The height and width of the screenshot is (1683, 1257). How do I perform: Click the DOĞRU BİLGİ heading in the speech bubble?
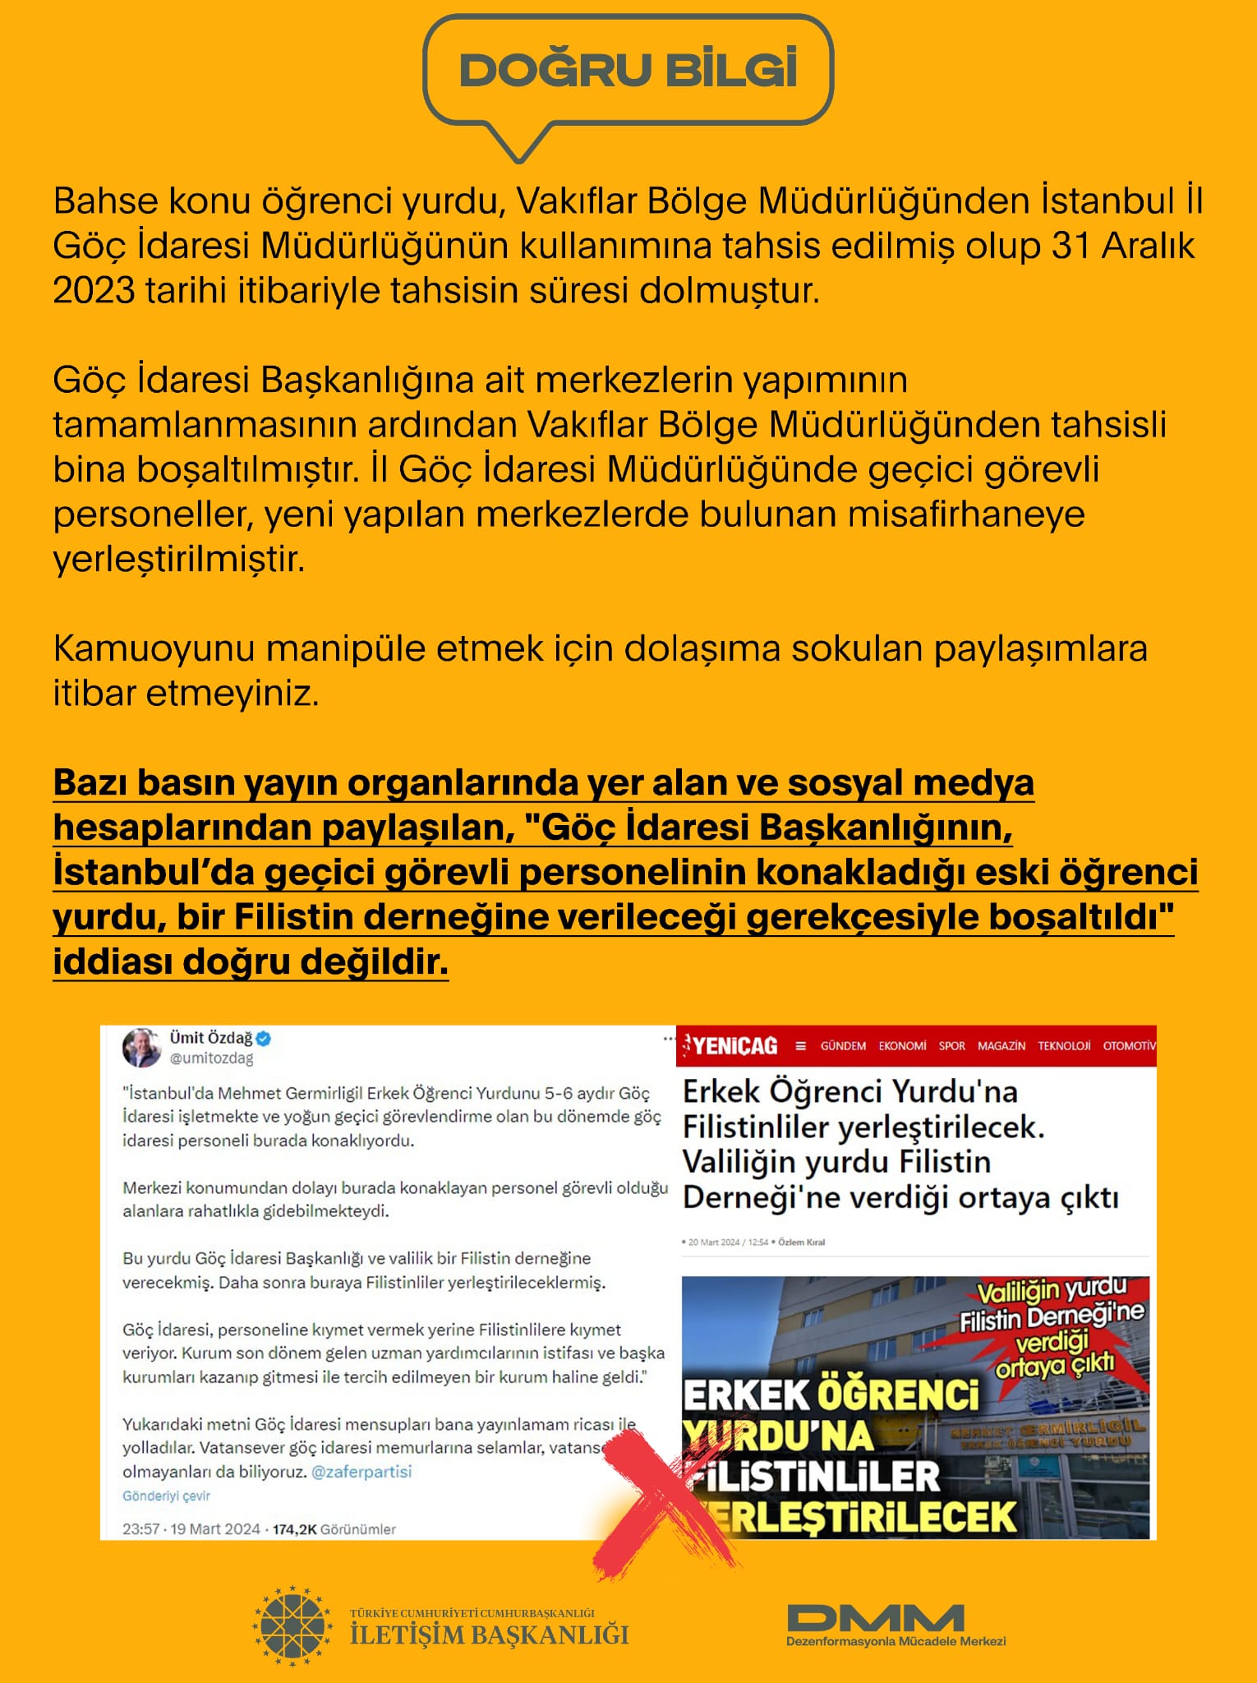(628, 70)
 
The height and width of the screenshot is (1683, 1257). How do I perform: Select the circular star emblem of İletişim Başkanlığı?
(292, 1626)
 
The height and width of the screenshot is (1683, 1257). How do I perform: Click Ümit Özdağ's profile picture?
(142, 1048)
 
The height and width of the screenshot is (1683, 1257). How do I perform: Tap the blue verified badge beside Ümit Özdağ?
(264, 1038)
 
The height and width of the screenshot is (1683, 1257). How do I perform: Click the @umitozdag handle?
(211, 1058)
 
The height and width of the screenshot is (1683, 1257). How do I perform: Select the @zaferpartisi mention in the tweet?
(361, 1471)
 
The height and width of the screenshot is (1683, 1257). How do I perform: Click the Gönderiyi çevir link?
(166, 1496)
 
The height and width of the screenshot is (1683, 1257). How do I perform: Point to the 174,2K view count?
(295, 1529)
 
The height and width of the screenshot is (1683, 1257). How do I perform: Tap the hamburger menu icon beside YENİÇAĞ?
(801, 1046)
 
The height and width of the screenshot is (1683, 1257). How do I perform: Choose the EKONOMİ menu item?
(902, 1046)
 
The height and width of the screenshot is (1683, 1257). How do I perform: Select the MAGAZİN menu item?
(1001, 1046)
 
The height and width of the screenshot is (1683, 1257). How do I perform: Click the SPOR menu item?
(951, 1046)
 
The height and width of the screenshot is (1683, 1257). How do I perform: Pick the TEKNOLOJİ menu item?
(1064, 1046)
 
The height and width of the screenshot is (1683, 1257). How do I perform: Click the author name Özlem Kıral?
(801, 1242)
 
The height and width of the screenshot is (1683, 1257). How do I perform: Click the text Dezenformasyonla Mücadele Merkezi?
(896, 1641)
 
